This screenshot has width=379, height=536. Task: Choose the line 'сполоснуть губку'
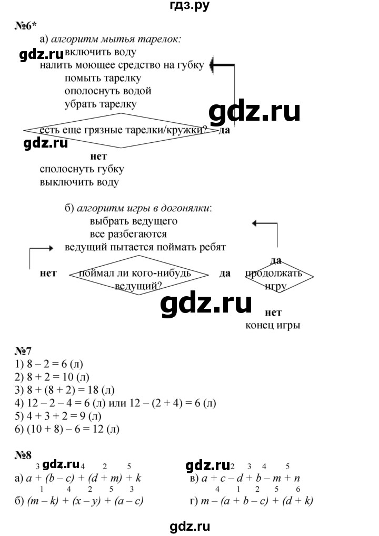[x=82, y=170]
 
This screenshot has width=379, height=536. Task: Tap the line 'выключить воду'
[x=79, y=182]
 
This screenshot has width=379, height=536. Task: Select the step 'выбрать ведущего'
[x=133, y=221]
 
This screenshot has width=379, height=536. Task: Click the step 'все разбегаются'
[x=128, y=233]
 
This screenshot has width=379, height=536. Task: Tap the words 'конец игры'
[x=273, y=325]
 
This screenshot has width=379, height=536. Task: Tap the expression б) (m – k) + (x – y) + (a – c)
[x=82, y=500]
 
